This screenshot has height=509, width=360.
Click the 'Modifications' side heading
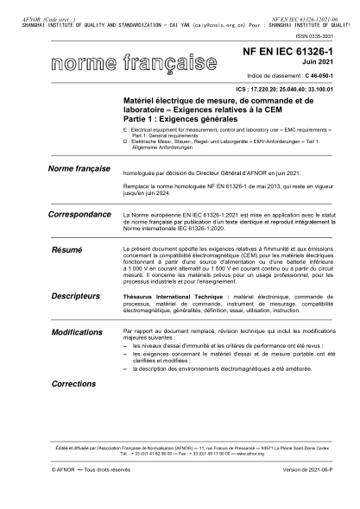coord(77,331)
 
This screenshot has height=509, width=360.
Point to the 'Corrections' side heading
coord(73,382)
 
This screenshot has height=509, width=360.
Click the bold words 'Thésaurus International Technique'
coord(167,295)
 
